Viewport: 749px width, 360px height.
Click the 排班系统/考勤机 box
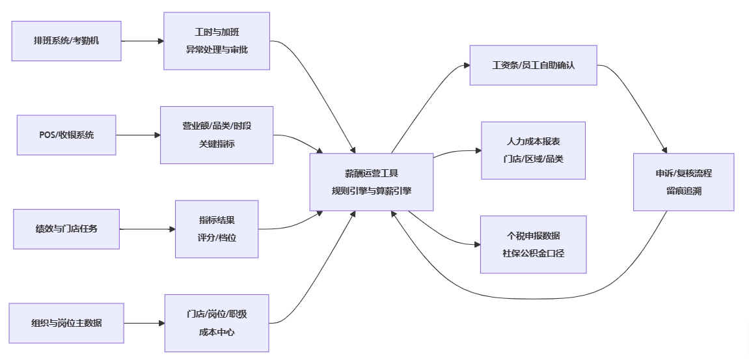[x=66, y=41]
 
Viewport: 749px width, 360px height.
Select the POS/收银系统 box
[x=66, y=135]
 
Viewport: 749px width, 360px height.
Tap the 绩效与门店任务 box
[x=66, y=228]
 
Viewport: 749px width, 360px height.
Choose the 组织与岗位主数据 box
[x=66, y=323]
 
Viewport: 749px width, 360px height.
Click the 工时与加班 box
[x=217, y=40]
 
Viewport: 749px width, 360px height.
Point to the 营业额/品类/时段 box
[x=217, y=135]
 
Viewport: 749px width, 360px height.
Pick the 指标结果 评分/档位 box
[x=217, y=228]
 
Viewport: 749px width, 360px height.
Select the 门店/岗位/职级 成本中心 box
[x=217, y=323]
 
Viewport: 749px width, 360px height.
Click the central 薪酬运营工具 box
[x=371, y=182]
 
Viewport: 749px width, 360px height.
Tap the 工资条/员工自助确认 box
[x=533, y=65]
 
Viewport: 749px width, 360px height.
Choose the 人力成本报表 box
[x=533, y=150]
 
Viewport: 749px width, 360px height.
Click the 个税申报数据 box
[x=533, y=244]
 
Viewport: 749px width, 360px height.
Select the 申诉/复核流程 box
[x=683, y=182]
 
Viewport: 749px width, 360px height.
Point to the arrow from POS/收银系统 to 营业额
[x=138, y=135]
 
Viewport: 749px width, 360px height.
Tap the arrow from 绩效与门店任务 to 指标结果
[x=147, y=229]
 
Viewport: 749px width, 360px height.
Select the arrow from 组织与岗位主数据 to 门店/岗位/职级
[x=143, y=323]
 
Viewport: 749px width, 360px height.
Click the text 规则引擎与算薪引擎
[x=371, y=191]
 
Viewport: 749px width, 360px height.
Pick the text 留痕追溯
[x=683, y=191]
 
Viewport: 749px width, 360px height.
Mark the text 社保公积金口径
[x=533, y=253]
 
